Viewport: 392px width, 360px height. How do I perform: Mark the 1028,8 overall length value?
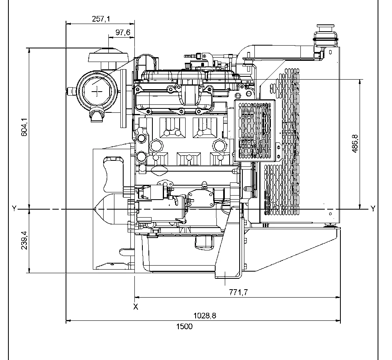[205, 316]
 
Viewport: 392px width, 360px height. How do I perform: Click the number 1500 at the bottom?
[184, 326]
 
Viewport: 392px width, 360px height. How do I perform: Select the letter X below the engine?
[136, 307]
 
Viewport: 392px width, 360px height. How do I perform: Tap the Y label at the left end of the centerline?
[14, 208]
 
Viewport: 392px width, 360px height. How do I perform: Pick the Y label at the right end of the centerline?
[373, 208]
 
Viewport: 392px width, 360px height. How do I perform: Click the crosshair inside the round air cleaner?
[97, 92]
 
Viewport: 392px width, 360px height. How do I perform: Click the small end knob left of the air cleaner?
[71, 92]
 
